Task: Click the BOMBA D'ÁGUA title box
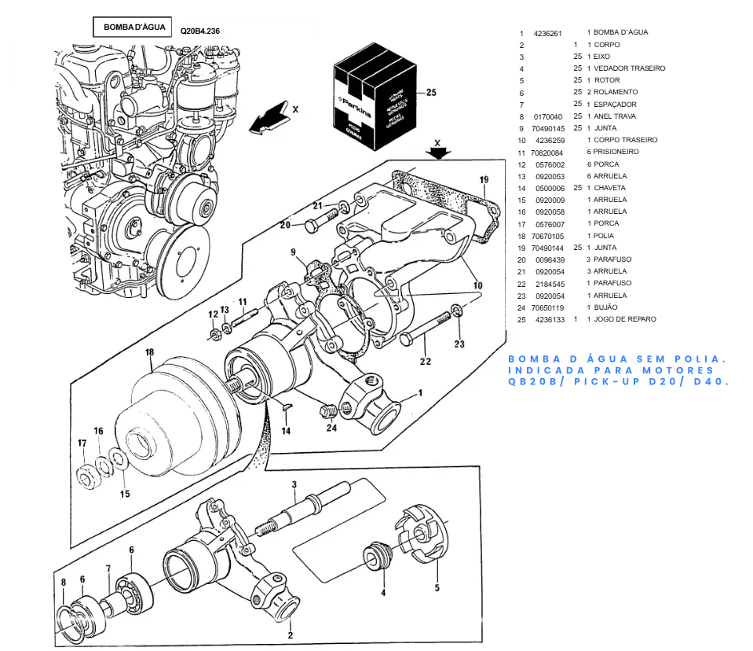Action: (x=134, y=28)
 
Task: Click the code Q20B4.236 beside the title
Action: (x=200, y=31)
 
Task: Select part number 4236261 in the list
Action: (x=547, y=33)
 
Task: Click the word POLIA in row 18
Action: (x=604, y=236)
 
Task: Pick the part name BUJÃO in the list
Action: (x=605, y=307)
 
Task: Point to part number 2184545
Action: (x=547, y=283)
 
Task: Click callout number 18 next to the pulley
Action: (x=150, y=353)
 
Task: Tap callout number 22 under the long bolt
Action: (x=425, y=362)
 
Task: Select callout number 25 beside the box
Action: (x=430, y=93)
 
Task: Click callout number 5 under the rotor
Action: (x=437, y=587)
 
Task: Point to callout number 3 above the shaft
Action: (x=294, y=484)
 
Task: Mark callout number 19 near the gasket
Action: (x=484, y=179)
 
